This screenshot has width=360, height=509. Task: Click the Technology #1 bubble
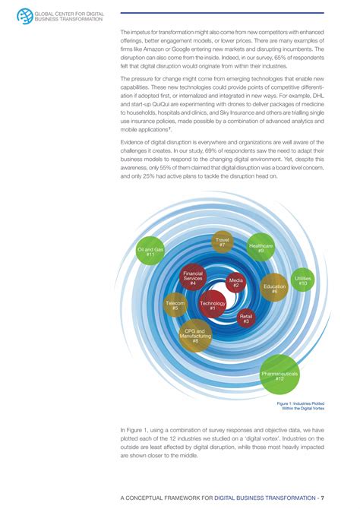[213, 305]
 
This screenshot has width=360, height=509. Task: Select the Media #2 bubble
[236, 283]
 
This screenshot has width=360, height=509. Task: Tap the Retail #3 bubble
[245, 319]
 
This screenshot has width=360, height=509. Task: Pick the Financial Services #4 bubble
[194, 277]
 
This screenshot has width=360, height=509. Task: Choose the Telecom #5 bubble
[175, 305]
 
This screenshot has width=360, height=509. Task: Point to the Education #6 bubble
[274, 288]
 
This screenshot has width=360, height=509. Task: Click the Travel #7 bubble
[223, 242]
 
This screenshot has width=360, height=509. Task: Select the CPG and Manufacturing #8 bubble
[195, 335]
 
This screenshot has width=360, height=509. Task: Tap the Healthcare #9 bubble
[261, 248]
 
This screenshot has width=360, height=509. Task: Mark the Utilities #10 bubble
[302, 280]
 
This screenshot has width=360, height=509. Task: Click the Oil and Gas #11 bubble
[150, 251]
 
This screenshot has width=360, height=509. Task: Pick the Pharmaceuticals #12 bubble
[280, 375]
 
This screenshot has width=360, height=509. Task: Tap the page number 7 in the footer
[323, 498]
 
